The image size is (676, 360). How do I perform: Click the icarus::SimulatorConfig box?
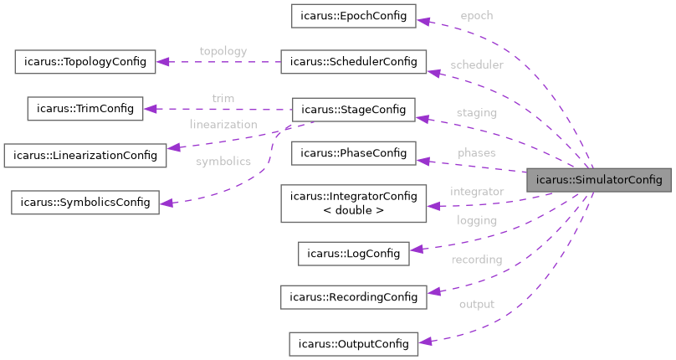point(598,180)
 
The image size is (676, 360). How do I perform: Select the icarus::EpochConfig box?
point(352,16)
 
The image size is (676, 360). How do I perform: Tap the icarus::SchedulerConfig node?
point(354,62)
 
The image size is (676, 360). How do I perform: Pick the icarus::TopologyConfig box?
point(85,61)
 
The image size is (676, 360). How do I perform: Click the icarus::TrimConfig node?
point(85,108)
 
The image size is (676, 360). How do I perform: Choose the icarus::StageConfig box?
point(352,109)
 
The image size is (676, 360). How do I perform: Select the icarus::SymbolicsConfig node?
point(84,202)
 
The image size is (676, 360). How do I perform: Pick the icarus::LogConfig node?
point(354,253)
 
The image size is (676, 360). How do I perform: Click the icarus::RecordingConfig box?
point(353,297)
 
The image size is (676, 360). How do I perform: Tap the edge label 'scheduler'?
point(476,64)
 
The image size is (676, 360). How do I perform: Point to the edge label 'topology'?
point(223,51)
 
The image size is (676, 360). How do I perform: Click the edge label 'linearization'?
point(223,125)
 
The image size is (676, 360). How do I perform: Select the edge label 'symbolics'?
point(223,162)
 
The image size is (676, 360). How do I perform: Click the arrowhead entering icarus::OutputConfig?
point(423,341)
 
